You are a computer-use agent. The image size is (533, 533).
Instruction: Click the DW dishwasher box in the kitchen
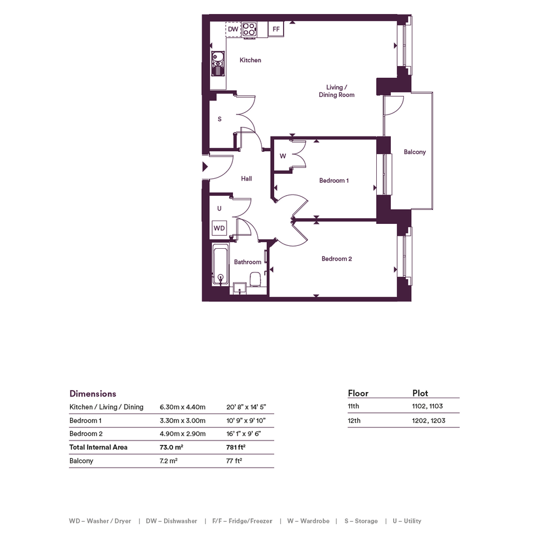point(233,29)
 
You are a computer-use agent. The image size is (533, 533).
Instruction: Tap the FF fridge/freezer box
point(276,29)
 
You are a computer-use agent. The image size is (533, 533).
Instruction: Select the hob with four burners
point(249,29)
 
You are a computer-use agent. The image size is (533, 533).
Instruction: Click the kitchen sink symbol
point(218,64)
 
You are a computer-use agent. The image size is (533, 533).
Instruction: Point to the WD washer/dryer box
point(219,228)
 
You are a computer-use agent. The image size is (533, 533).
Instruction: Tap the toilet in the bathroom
point(255,279)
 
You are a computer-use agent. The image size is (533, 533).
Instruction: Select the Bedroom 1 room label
point(334,180)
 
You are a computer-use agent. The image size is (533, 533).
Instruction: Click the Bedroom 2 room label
point(337,259)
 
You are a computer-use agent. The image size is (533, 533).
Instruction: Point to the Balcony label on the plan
point(415,152)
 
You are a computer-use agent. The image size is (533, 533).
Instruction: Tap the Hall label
point(246,178)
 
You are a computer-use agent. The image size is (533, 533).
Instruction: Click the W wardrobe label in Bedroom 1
point(283,156)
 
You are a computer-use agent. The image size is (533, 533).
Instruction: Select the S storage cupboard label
point(219,119)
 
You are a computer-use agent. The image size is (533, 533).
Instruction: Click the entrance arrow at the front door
point(205,166)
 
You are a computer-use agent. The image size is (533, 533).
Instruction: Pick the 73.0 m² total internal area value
point(171,447)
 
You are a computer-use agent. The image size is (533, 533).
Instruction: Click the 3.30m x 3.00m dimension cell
point(183,421)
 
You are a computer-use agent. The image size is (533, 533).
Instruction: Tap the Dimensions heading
point(93,394)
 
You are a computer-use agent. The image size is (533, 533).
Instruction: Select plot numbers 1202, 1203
point(429,421)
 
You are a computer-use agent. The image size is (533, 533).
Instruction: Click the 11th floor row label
point(353,406)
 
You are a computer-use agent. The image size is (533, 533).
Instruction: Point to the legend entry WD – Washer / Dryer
point(100,521)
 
